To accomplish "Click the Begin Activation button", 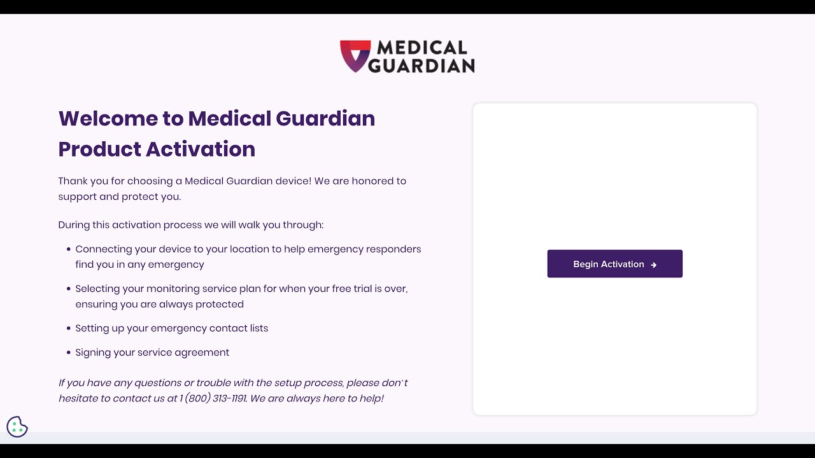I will click(x=614, y=264).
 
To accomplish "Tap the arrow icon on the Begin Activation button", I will click(x=654, y=265).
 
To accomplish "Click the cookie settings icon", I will click(x=17, y=426).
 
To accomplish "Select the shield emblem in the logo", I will click(x=355, y=56).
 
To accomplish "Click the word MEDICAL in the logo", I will click(x=422, y=48).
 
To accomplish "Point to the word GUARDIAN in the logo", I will click(x=422, y=66).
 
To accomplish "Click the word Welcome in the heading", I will click(x=108, y=119).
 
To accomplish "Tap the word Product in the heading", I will click(x=99, y=149).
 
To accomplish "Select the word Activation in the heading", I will click(x=201, y=149).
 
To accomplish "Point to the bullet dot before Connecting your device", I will click(x=69, y=249).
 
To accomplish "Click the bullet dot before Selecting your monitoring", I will click(x=69, y=289).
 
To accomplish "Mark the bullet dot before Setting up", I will click(x=69, y=328).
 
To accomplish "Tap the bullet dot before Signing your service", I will click(x=69, y=352).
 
